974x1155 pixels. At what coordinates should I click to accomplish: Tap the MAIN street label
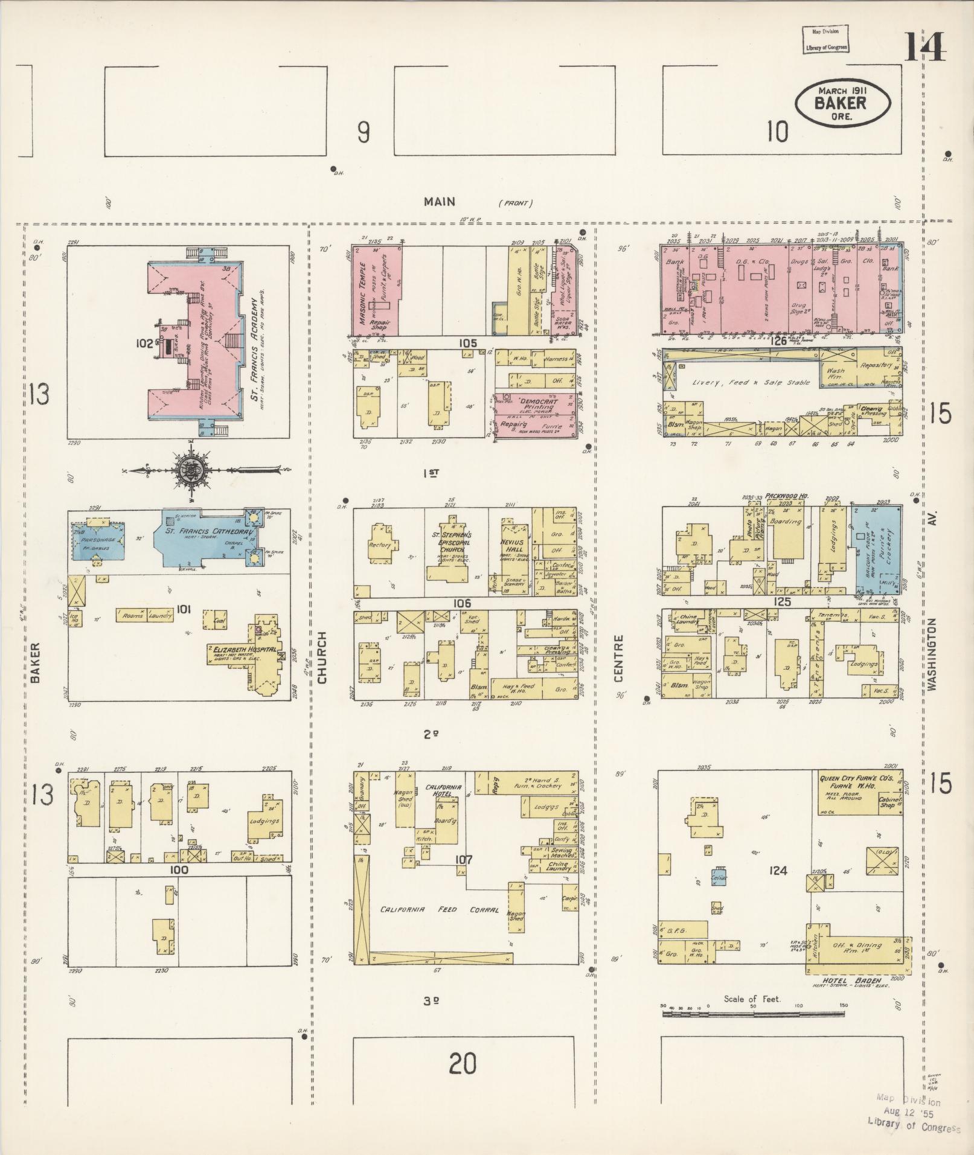(x=439, y=202)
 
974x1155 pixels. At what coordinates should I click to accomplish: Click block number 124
(x=779, y=870)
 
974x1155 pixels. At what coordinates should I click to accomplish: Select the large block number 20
(x=463, y=1063)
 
